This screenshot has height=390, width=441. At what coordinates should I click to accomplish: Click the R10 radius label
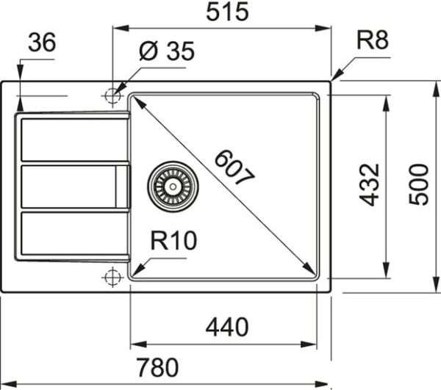point(173,241)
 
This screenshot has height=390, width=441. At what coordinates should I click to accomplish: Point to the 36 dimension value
point(42,43)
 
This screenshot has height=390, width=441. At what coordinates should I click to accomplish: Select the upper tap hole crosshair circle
point(112,95)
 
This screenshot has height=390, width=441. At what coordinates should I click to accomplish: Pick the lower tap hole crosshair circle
point(112,276)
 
